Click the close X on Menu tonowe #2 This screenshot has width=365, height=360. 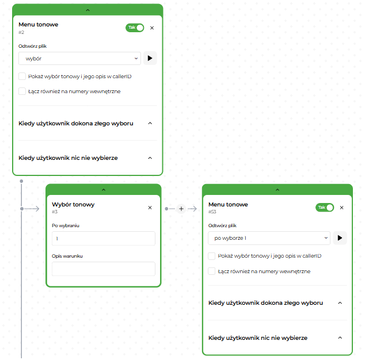point(152,28)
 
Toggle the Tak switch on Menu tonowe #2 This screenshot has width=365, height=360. point(135,28)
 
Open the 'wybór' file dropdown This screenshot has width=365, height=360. point(79,59)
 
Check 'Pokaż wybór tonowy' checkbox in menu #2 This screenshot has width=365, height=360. point(22,76)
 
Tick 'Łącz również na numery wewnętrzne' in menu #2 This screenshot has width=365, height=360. point(22,91)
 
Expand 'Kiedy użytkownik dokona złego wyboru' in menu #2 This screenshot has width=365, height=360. point(150,123)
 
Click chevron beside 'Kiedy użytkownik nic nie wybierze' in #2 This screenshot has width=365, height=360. point(150,158)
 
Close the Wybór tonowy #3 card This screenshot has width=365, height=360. point(150,208)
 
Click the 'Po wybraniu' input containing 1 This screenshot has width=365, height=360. point(104,239)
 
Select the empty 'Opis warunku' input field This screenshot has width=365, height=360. point(104,269)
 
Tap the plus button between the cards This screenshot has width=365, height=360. point(181,209)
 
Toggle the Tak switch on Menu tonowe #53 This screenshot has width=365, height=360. point(325,208)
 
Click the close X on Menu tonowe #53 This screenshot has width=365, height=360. point(342,208)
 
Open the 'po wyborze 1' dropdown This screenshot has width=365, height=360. point(269,238)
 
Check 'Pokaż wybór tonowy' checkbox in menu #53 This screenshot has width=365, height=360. point(212,256)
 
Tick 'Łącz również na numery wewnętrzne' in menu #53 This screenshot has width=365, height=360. point(212,271)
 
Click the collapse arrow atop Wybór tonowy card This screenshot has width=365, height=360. point(104,190)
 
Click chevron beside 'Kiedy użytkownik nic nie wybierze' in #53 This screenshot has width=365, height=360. point(340,338)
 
